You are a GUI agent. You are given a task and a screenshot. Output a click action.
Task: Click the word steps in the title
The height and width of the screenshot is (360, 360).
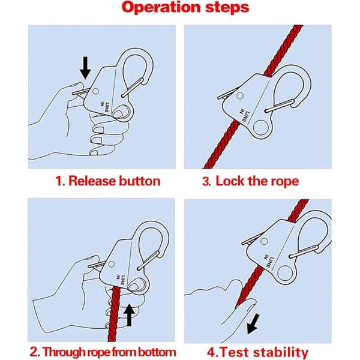tap(227, 8)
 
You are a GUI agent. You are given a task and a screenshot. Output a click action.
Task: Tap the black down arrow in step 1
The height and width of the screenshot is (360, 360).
tap(85, 68)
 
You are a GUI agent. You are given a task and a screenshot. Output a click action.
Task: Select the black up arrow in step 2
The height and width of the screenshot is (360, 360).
tap(129, 315)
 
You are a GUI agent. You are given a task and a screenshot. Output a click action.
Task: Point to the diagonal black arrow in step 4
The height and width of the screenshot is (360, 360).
tap(253, 325)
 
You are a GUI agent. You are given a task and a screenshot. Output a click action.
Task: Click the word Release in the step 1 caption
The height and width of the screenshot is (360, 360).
tap(92, 181)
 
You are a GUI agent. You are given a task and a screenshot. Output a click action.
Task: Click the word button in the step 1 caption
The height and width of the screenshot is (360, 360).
tap(140, 181)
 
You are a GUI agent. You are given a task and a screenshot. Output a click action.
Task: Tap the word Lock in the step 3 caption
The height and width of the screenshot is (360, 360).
tap(231, 181)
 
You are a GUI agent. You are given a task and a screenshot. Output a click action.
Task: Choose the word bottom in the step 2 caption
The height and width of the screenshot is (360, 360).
tap(156, 352)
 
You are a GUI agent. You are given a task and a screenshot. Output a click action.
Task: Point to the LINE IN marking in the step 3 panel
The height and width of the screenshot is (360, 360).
tap(245, 115)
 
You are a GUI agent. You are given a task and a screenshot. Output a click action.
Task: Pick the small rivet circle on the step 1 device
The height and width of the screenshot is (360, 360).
tap(96, 91)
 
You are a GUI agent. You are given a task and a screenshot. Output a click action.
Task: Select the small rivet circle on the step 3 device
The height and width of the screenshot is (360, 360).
tap(239, 96)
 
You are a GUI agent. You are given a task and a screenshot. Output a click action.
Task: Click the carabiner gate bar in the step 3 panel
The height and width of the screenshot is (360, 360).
tap(280, 106)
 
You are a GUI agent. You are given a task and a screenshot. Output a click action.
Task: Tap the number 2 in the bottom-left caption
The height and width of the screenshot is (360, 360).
tap(34, 352)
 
